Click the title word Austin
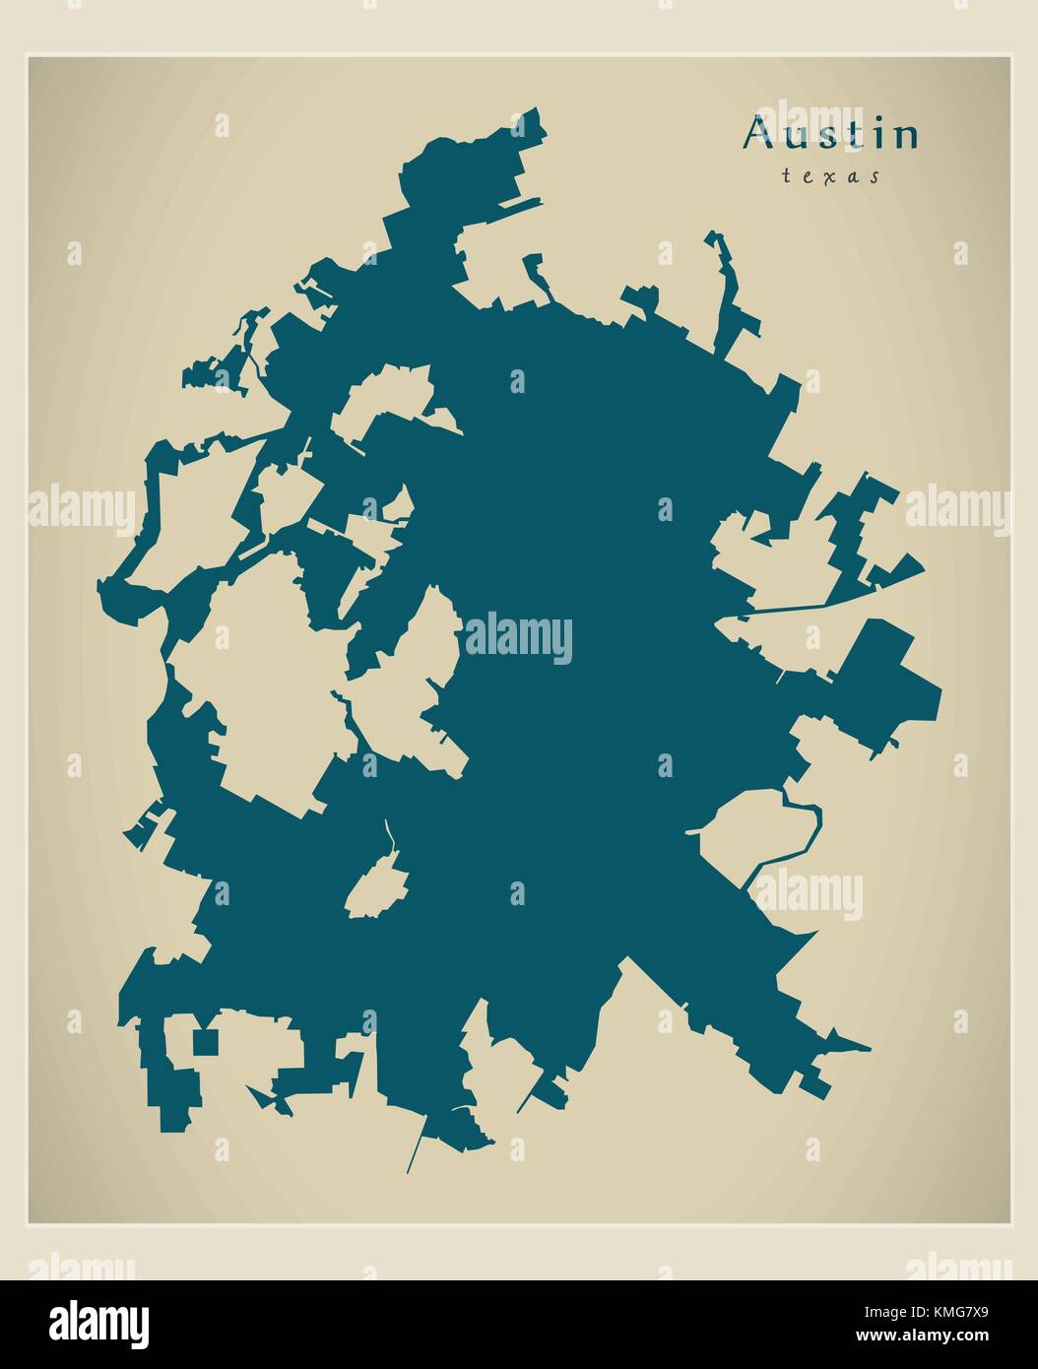[831, 136]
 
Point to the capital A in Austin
[757, 134]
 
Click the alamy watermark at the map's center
[519, 638]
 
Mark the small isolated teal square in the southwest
[204, 1041]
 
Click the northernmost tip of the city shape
[538, 109]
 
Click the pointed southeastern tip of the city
[867, 1049]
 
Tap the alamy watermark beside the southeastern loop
[808, 896]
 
